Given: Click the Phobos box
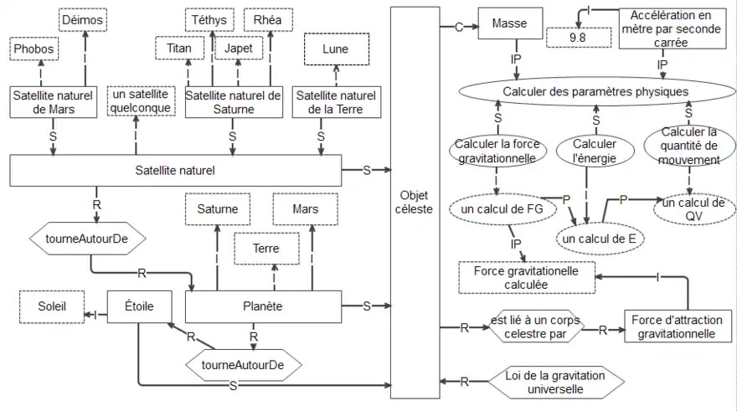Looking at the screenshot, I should (34, 49).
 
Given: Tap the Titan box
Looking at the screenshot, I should (179, 48).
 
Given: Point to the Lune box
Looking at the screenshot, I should (335, 49).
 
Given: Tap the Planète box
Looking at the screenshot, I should (262, 306).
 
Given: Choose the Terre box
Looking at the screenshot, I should (266, 249).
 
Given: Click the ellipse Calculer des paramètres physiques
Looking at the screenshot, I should (595, 91).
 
